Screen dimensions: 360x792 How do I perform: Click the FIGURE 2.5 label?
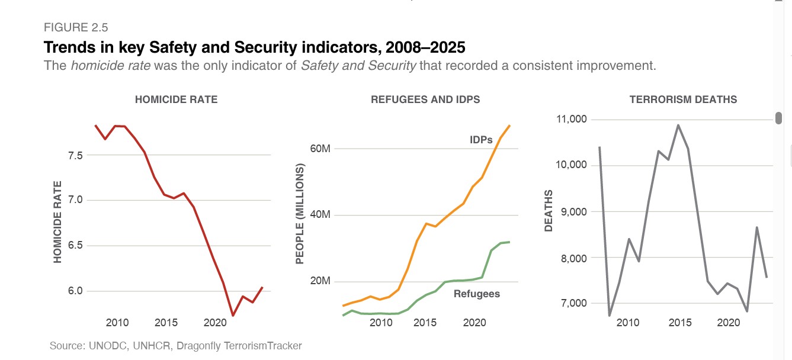pyautogui.click(x=76, y=27)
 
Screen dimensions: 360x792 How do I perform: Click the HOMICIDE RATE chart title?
pyautogui.click(x=176, y=99)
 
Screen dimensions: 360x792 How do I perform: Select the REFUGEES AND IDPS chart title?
pyautogui.click(x=425, y=99)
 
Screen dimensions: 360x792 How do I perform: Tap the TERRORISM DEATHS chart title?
pyautogui.click(x=683, y=99)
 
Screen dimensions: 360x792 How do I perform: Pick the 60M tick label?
pyautogui.click(x=320, y=148)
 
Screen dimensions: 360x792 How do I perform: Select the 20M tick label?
pyautogui.click(x=320, y=281)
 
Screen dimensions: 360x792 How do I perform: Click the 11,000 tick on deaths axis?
pyautogui.click(x=571, y=119)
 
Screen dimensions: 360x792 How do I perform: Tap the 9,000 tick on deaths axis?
pyautogui.click(x=573, y=211)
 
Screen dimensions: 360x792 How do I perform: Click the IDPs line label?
pyautogui.click(x=481, y=140)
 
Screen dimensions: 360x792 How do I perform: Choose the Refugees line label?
pyautogui.click(x=476, y=294)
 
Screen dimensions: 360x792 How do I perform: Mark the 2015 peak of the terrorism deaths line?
pyautogui.click(x=678, y=125)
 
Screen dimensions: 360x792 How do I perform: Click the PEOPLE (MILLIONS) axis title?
pyautogui.click(x=300, y=214)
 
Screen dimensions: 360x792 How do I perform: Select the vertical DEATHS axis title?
pyautogui.click(x=549, y=211)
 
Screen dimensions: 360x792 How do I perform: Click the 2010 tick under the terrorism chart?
pyautogui.click(x=628, y=323)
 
